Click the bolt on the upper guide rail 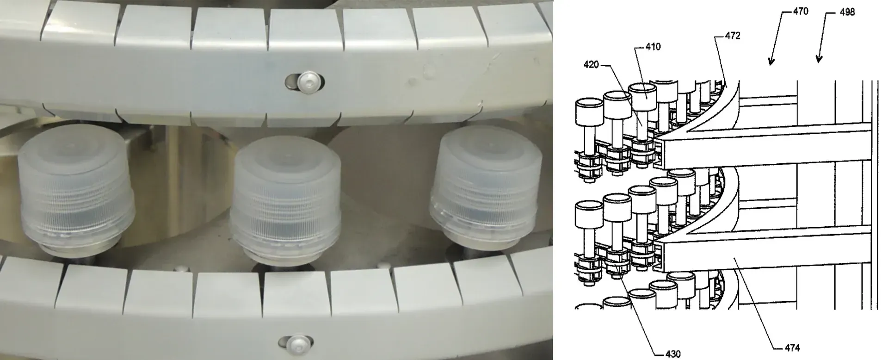pyautogui.click(x=306, y=82)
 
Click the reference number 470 pyautogui.click(x=800, y=11)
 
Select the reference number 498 pyautogui.click(x=847, y=12)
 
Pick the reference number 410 pyautogui.click(x=653, y=47)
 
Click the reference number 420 pyautogui.click(x=592, y=65)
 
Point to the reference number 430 pyautogui.click(x=673, y=354)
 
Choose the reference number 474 pyautogui.click(x=792, y=348)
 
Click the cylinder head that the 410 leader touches pyautogui.click(x=645, y=98)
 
